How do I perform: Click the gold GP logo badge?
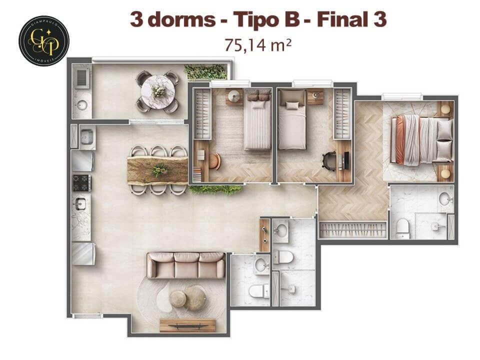[x=43, y=40]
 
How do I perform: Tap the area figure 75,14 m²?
[x=258, y=44]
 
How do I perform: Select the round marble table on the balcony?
[x=157, y=91]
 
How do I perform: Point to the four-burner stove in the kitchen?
[x=82, y=182]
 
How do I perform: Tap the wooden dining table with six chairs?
[x=157, y=170]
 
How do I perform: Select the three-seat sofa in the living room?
[x=185, y=265]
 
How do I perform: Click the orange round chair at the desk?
[x=215, y=161]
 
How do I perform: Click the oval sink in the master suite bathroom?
[x=445, y=198]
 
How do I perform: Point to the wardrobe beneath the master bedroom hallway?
[x=353, y=229]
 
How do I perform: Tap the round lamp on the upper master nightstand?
[x=445, y=108]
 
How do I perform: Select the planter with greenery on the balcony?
[x=205, y=72]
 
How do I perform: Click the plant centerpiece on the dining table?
[x=159, y=170]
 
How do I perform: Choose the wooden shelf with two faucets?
[x=264, y=235]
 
